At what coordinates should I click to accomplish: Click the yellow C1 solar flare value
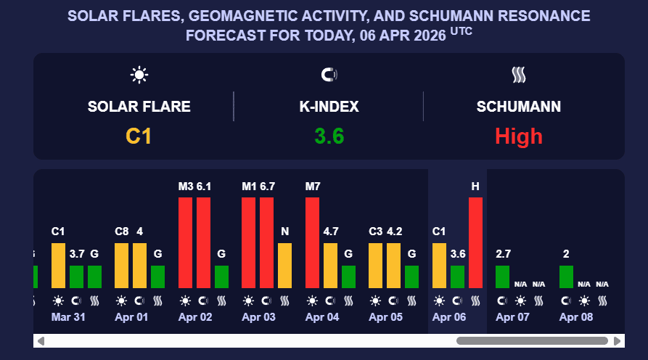(139, 136)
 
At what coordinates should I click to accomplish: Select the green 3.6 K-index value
(329, 136)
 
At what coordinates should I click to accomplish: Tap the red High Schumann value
(519, 136)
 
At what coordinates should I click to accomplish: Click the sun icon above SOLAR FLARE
(139, 74)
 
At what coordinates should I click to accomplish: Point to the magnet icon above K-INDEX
(329, 74)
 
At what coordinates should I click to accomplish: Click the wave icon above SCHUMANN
(518, 74)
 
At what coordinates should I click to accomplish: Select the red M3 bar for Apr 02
(185, 242)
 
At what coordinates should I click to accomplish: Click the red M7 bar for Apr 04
(312, 242)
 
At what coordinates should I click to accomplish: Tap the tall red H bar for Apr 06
(475, 242)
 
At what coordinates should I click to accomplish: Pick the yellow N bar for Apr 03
(285, 266)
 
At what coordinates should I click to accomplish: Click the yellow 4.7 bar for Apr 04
(330, 266)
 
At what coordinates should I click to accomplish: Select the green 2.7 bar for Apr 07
(502, 277)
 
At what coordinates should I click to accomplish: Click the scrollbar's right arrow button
(618, 340)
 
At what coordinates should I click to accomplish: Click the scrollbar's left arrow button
(41, 340)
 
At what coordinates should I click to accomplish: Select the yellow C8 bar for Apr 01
(122, 266)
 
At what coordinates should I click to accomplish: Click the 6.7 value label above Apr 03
(267, 187)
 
